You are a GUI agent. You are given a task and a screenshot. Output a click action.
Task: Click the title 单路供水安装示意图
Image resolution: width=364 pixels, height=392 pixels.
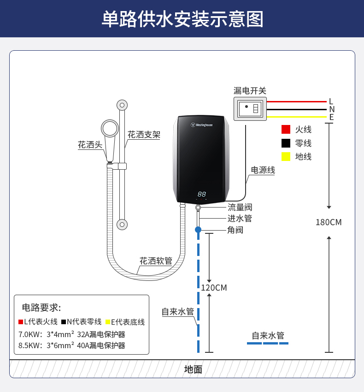click(x=182, y=19)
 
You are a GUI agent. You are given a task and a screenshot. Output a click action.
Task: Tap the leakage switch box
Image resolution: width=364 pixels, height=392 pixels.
click(x=250, y=109)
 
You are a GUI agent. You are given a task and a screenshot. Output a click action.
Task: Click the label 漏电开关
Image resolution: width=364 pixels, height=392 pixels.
click(x=250, y=91)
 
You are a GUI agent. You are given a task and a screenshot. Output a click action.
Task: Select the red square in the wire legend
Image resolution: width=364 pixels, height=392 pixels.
click(x=286, y=130)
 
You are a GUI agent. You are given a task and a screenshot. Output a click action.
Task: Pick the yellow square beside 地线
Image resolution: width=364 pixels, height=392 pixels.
click(x=286, y=156)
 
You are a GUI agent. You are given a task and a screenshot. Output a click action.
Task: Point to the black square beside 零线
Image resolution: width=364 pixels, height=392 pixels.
click(x=286, y=143)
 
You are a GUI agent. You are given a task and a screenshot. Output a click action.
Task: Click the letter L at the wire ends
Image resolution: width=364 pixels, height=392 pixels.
click(x=331, y=101)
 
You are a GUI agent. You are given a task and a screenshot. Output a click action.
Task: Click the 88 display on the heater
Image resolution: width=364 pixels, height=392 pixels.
click(x=201, y=194)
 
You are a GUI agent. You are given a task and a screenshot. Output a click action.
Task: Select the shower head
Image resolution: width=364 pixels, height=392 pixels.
click(x=110, y=129)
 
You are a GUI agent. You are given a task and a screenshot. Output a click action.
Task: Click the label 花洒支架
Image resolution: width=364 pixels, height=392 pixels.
click(x=144, y=135)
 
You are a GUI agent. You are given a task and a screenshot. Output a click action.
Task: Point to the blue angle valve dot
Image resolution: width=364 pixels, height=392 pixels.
click(x=198, y=229)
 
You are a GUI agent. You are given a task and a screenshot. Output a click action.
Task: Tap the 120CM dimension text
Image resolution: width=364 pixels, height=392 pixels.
click(x=214, y=288)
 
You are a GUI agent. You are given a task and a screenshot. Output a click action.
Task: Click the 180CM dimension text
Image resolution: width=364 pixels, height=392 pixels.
click(x=329, y=222)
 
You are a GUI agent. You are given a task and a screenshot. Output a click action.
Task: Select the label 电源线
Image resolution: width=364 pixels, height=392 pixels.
click(x=263, y=170)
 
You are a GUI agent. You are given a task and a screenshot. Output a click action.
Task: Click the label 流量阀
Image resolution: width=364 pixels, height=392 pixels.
click(x=240, y=208)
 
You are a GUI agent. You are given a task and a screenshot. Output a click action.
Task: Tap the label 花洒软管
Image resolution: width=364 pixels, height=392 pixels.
click(x=156, y=261)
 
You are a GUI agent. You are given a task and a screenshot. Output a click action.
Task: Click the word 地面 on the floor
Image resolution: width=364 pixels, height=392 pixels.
click(x=193, y=369)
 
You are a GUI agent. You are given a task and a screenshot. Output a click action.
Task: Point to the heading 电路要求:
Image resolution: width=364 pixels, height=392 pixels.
click(x=41, y=308)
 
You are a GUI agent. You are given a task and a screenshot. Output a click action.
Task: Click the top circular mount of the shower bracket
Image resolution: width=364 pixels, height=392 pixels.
click(x=122, y=105)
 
